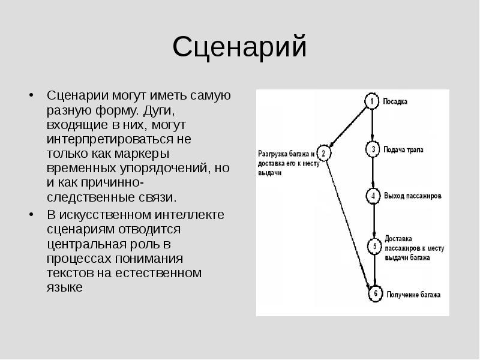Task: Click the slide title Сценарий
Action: pyautogui.click(x=239, y=47)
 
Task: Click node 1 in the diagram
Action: pyautogui.click(x=372, y=101)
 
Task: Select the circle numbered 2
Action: pyautogui.click(x=323, y=154)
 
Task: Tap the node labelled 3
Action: pyautogui.click(x=373, y=149)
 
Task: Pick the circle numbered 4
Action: pyautogui.click(x=373, y=196)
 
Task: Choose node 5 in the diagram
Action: pyautogui.click(x=374, y=246)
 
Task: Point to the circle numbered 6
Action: pyautogui.click(x=375, y=295)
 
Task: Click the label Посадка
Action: pyautogui.click(x=395, y=101)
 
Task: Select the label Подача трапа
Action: pyautogui.click(x=403, y=149)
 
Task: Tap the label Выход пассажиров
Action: pyautogui.click(x=413, y=196)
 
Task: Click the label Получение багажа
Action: pyautogui.click(x=414, y=295)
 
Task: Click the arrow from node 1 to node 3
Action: pyautogui.click(x=372, y=125)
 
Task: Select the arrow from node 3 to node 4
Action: pyautogui.click(x=373, y=172)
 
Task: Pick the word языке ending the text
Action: pyautogui.click(x=64, y=287)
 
